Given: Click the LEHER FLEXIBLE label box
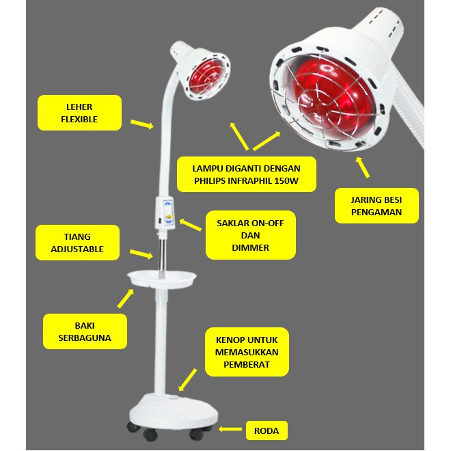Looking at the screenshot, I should pyautogui.click(x=80, y=113).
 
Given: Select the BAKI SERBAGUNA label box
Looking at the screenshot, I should pyautogui.click(x=85, y=331).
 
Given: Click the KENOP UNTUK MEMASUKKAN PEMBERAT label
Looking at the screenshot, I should pyautogui.click(x=247, y=351).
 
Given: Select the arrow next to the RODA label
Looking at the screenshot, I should pyautogui.click(x=232, y=430).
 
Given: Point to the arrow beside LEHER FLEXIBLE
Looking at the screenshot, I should pyautogui.click(x=141, y=124).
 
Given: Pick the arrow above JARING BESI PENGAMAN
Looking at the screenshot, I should pyautogui.click(x=362, y=167).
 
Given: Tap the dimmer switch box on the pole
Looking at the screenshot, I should pyautogui.click(x=167, y=212).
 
